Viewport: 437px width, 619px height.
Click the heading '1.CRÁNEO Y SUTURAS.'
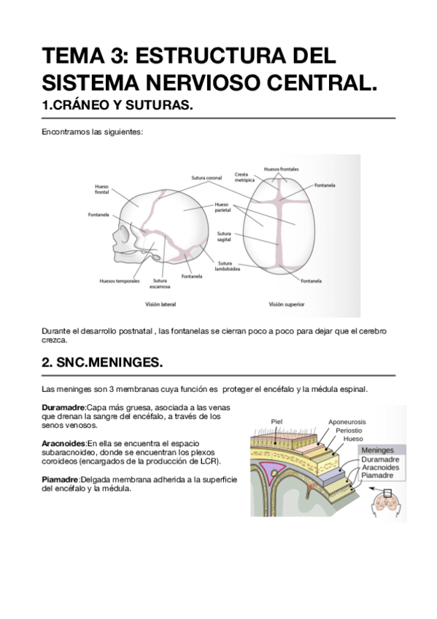point(117,106)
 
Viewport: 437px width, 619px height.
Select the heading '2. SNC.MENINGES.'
point(103,362)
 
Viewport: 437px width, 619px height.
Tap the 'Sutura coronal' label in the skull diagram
point(206,177)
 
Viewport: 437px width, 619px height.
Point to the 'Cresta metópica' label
point(244,177)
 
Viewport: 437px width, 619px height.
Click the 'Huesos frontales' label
point(281,169)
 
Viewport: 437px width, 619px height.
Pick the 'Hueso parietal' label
point(222,207)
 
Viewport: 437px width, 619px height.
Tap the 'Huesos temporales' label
point(120,280)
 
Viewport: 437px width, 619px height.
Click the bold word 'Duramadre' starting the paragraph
point(63,407)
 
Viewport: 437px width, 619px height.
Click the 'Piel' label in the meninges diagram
point(276,421)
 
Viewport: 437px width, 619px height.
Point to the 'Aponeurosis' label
point(347,422)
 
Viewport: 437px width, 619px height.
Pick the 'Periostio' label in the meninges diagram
point(349,431)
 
